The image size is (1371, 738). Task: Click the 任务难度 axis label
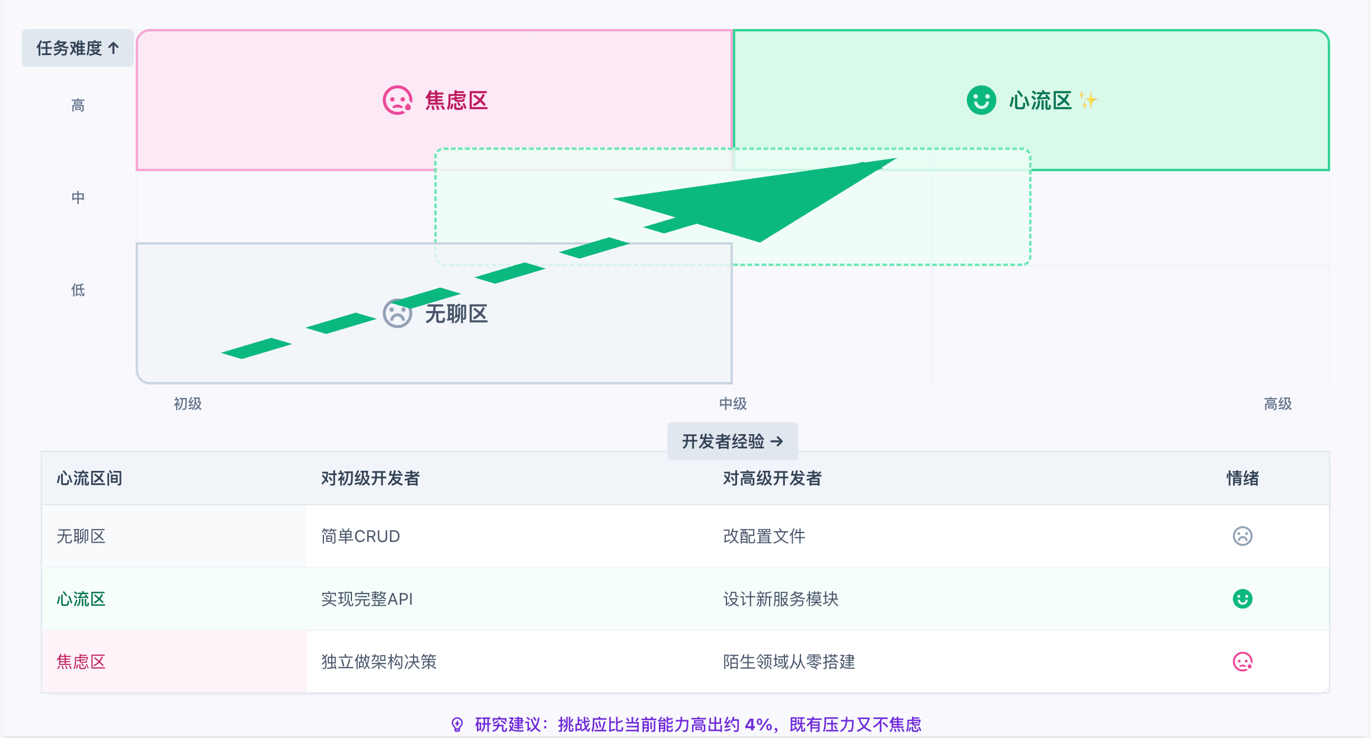pyautogui.click(x=78, y=48)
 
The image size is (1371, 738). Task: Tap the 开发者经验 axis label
pyautogui.click(x=732, y=441)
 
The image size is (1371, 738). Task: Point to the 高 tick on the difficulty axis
pyautogui.click(x=78, y=105)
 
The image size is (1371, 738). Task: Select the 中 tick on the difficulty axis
pyautogui.click(x=78, y=197)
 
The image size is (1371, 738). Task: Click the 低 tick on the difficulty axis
pyautogui.click(x=78, y=290)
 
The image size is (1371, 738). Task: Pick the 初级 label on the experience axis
pyautogui.click(x=187, y=404)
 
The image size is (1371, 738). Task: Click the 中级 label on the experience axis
pyautogui.click(x=732, y=404)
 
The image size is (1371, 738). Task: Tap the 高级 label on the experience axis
pyautogui.click(x=1277, y=404)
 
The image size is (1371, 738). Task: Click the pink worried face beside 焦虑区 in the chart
pyautogui.click(x=397, y=100)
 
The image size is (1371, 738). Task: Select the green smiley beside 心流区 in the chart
pyautogui.click(x=981, y=100)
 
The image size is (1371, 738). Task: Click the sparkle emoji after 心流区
pyautogui.click(x=1087, y=100)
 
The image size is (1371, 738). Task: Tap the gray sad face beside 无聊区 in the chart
pyautogui.click(x=397, y=314)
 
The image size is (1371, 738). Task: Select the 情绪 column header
pyautogui.click(x=1242, y=478)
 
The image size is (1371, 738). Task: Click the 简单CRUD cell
pyautogui.click(x=360, y=536)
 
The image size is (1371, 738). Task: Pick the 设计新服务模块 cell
pyautogui.click(x=780, y=599)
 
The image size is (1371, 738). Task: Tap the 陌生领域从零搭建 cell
pyautogui.click(x=789, y=662)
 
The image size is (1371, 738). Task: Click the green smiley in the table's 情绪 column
pyautogui.click(x=1242, y=599)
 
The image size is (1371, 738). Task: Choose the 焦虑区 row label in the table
pyautogui.click(x=81, y=662)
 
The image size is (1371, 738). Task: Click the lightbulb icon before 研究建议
pyautogui.click(x=457, y=724)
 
